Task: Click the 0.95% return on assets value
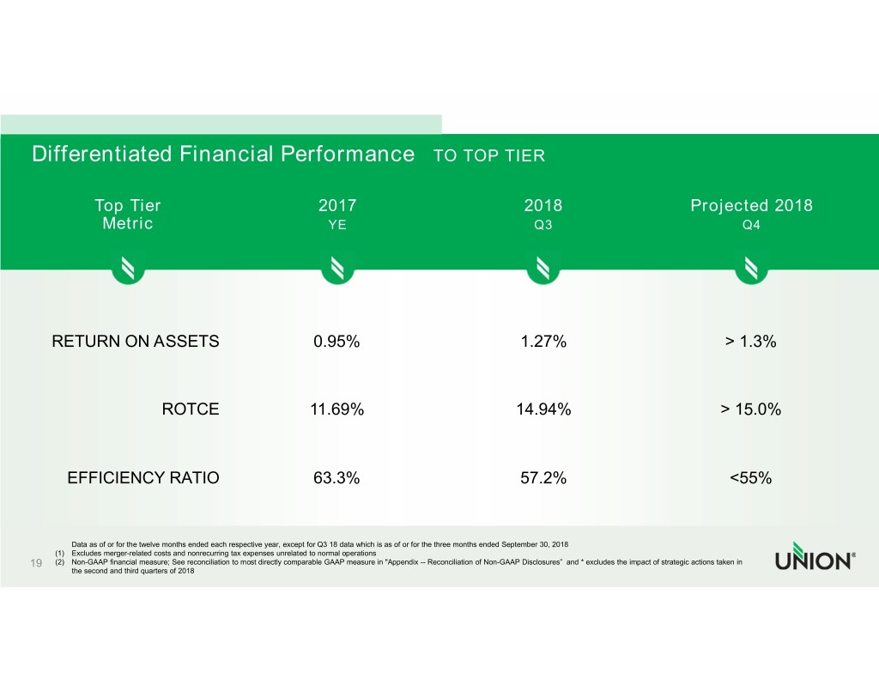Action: click(x=336, y=342)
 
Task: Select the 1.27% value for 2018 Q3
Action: click(x=543, y=342)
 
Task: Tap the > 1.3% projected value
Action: click(x=750, y=342)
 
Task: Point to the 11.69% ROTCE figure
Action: click(x=336, y=410)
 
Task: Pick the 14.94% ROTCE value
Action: click(x=543, y=410)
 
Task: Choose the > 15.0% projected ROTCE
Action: click(x=750, y=410)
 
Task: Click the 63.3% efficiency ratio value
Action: click(x=336, y=479)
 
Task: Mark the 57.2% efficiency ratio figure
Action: click(x=543, y=479)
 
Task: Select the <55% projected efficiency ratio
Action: click(x=750, y=479)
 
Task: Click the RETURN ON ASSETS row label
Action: click(x=136, y=342)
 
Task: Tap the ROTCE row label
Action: click(x=191, y=410)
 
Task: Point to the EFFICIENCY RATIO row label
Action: click(x=143, y=479)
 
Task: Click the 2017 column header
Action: click(x=336, y=206)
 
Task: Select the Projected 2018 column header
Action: click(x=751, y=206)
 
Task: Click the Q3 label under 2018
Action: click(x=543, y=225)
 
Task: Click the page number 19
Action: click(x=37, y=563)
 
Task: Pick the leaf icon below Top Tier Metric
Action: click(x=128, y=270)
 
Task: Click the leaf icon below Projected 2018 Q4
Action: click(x=751, y=270)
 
